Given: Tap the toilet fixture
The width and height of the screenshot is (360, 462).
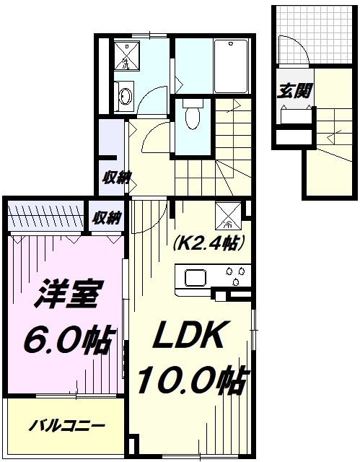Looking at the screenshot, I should pyautogui.click(x=193, y=116).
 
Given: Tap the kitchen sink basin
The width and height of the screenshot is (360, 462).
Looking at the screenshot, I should pyautogui.click(x=196, y=278).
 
